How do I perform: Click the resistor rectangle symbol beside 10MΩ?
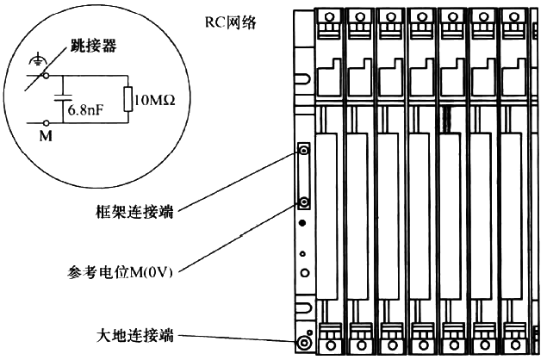point(129,98)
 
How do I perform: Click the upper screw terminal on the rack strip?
point(305,152)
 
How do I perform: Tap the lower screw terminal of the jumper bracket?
point(305,202)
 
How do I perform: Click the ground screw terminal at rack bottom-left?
point(304,344)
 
